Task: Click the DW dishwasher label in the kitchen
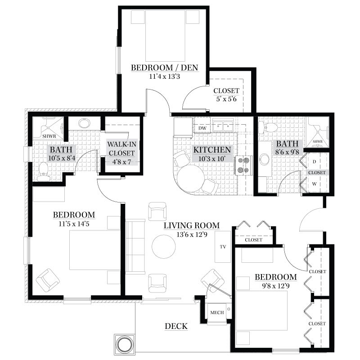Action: pyautogui.click(x=202, y=128)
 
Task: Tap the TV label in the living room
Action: pyautogui.click(x=223, y=247)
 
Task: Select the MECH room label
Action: pyautogui.click(x=217, y=312)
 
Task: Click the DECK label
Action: pyautogui.click(x=176, y=326)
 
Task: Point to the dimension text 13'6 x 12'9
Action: pyautogui.click(x=192, y=234)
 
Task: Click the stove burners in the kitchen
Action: pyautogui.click(x=243, y=165)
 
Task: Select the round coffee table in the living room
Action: pyautogui.click(x=164, y=247)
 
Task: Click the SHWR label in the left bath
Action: pyautogui.click(x=49, y=136)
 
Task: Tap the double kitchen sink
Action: pyautogui.click(x=223, y=126)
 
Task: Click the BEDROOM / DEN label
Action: pyautogui.click(x=164, y=68)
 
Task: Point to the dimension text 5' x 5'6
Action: pyautogui.click(x=226, y=99)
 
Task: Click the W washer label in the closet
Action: pyautogui.click(x=314, y=184)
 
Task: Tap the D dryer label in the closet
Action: pyautogui.click(x=314, y=162)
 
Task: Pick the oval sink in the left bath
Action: pyautogui.click(x=84, y=123)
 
